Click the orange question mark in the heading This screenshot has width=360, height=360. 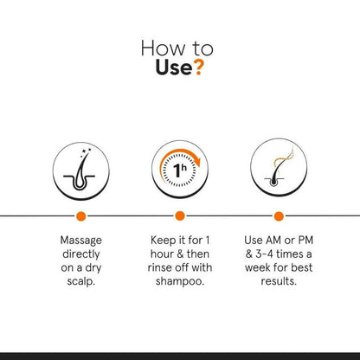click(x=198, y=67)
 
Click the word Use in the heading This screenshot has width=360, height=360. click(x=174, y=67)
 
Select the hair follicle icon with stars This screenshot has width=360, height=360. click(x=81, y=170)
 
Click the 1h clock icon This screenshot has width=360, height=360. click(x=180, y=169)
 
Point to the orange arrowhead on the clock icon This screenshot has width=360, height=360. click(x=196, y=162)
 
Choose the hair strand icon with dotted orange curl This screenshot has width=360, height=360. click(x=279, y=167)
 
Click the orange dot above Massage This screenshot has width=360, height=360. click(x=81, y=216)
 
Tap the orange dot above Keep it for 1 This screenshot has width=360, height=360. click(x=180, y=215)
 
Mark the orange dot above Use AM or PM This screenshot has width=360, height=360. click(x=279, y=216)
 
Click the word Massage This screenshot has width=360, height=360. click(x=81, y=241)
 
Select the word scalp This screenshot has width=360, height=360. click(x=80, y=281)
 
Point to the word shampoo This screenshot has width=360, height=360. click(x=180, y=281)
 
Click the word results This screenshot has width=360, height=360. click(x=279, y=281)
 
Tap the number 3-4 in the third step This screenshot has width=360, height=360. click(x=265, y=254)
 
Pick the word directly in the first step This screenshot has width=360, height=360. click(x=81, y=254)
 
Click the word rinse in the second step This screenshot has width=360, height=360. click(x=158, y=267)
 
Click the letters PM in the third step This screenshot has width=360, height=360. click(x=305, y=240)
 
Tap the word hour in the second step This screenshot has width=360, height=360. click(x=162, y=254)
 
